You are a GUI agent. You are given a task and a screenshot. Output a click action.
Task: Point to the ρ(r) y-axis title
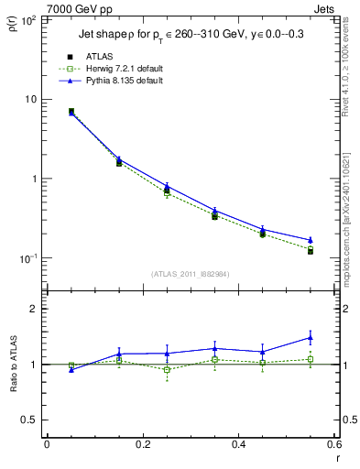(12, 25)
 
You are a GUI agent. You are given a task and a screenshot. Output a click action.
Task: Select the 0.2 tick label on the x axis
(142, 444)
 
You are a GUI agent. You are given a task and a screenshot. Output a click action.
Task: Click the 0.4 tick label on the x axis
(238, 444)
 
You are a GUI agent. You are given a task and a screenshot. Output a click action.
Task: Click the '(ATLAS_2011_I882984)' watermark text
(190, 274)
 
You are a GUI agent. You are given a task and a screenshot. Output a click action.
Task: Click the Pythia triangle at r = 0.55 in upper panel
(311, 240)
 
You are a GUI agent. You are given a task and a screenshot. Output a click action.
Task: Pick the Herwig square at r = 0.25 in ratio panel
(167, 370)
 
